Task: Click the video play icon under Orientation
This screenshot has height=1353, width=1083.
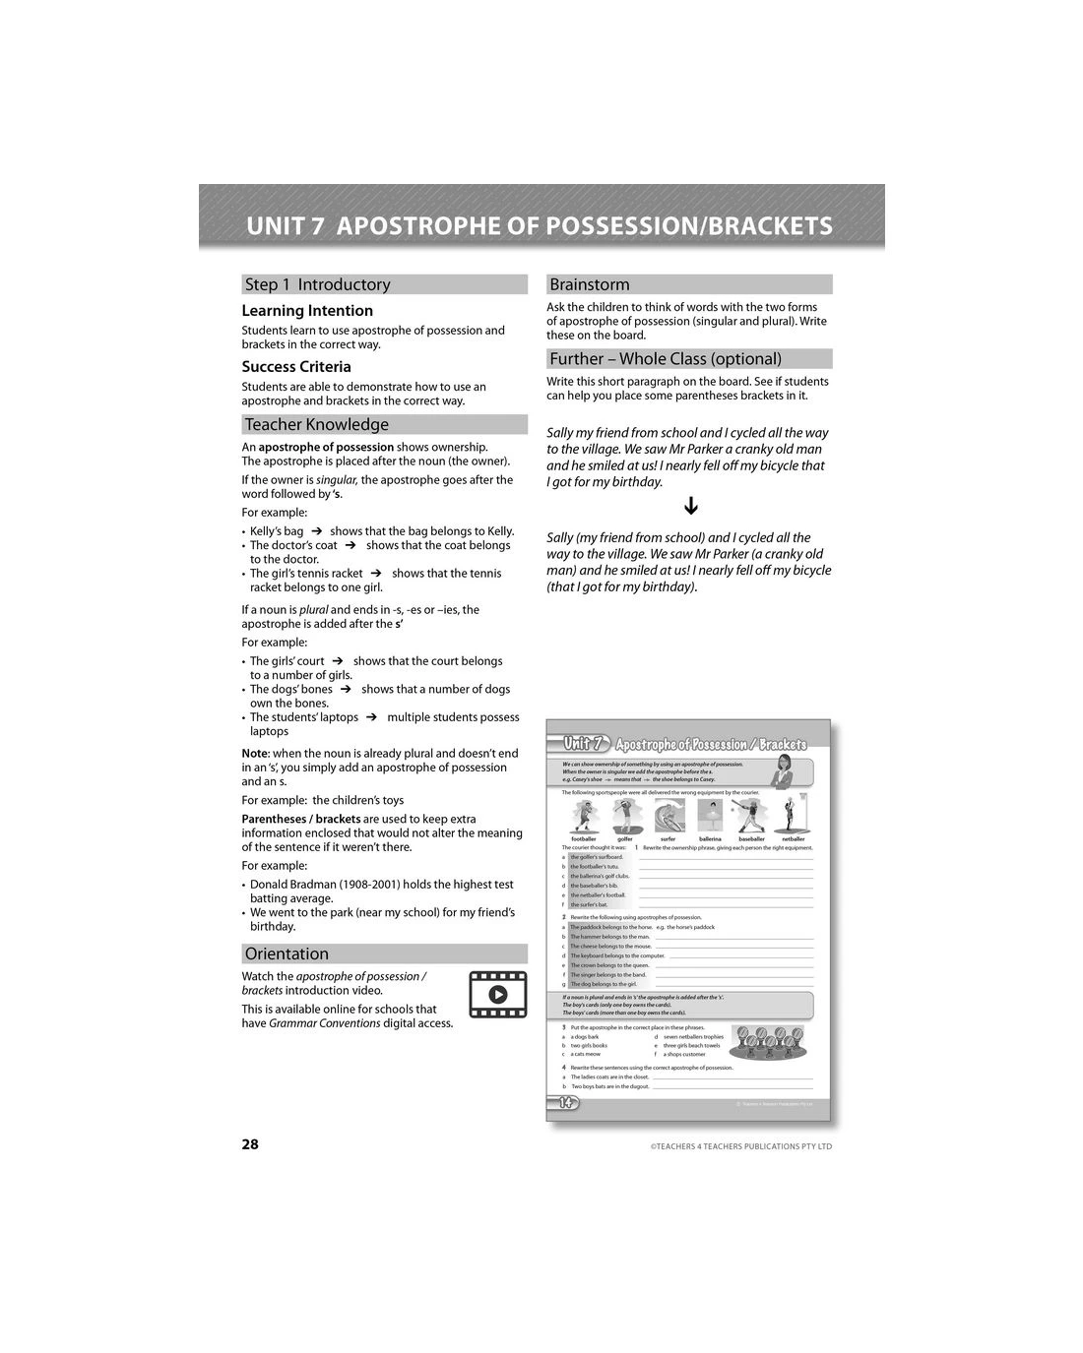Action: [497, 994]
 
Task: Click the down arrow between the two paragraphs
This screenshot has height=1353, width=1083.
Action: [691, 506]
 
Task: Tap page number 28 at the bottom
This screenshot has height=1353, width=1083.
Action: [250, 1143]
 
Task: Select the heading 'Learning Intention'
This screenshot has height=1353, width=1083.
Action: [307, 311]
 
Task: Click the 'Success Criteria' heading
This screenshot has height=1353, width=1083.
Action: [296, 367]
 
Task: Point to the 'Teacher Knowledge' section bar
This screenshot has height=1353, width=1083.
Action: [384, 424]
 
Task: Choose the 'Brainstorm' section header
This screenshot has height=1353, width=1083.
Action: [689, 284]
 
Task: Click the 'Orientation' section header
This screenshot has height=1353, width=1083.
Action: [384, 953]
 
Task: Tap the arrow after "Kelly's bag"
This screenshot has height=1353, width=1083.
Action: [317, 531]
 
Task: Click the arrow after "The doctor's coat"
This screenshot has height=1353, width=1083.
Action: [350, 545]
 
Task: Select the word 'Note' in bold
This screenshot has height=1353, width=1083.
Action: [255, 754]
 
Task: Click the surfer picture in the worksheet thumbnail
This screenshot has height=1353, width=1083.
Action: [669, 816]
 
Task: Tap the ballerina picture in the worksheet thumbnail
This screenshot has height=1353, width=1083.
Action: [710, 816]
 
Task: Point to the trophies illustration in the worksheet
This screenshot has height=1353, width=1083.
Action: [767, 1041]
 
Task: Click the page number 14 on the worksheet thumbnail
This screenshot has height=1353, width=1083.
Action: [565, 1102]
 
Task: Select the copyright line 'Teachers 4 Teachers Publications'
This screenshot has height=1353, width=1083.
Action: [741, 1146]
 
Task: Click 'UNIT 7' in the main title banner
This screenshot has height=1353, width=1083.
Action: [285, 226]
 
